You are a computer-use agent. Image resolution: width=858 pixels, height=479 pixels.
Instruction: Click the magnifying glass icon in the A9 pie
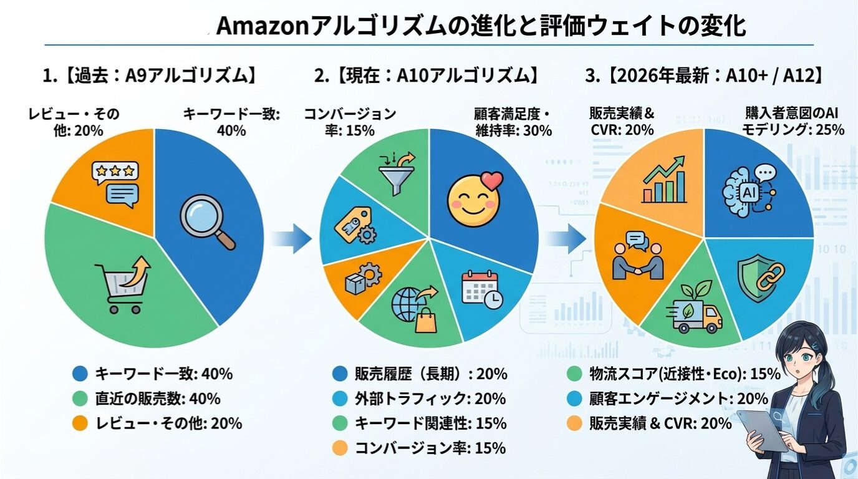point(207,219)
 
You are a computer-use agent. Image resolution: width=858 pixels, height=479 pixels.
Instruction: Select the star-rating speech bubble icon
point(115,183)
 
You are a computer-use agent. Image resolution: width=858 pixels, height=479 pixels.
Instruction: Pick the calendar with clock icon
point(482,289)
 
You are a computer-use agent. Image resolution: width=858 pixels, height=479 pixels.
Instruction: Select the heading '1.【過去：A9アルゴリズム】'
point(150,77)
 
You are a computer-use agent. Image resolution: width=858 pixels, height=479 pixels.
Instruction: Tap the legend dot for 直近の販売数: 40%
point(80,398)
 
